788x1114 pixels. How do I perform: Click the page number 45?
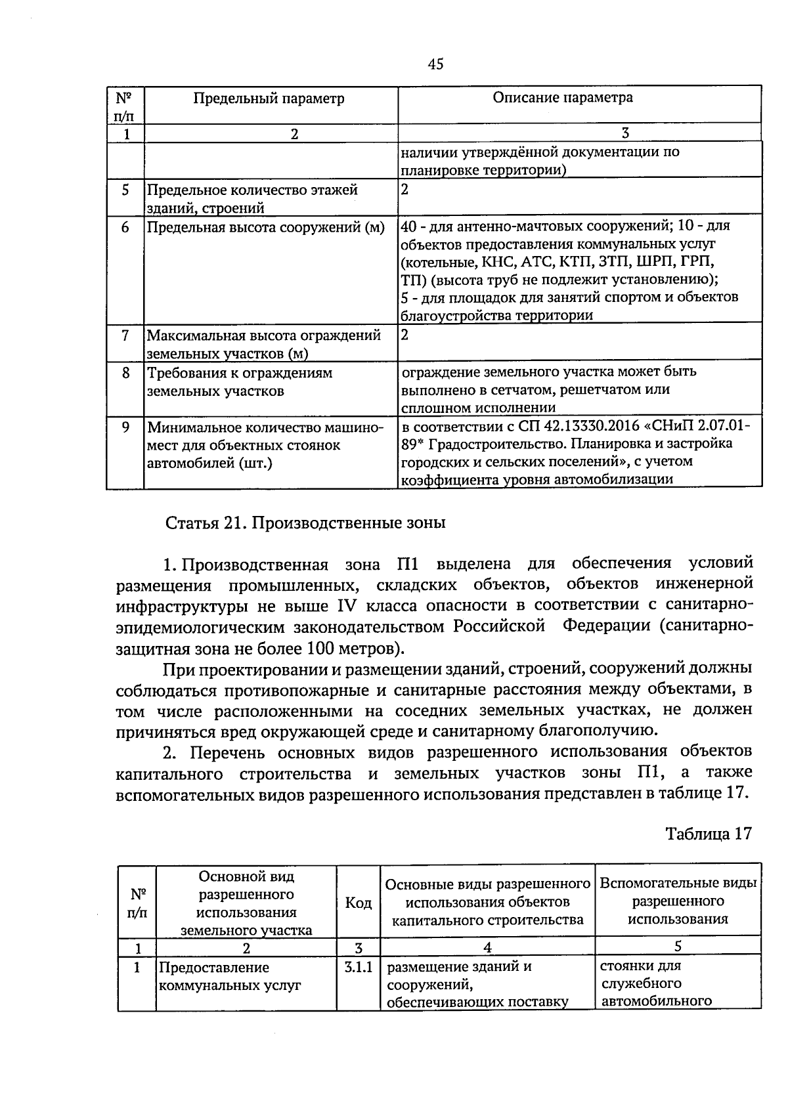[435, 64]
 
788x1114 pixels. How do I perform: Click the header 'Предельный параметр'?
[269, 98]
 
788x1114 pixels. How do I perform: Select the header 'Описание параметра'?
[563, 98]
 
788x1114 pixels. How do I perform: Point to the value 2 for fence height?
[405, 335]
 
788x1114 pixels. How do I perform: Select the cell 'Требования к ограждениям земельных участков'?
[240, 382]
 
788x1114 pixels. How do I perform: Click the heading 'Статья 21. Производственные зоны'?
[305, 523]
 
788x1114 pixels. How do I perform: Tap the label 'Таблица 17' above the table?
[708, 834]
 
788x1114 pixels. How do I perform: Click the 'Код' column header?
[358, 903]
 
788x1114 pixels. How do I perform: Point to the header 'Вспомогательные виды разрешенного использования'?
[678, 901]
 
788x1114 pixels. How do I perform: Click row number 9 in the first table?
[125, 427]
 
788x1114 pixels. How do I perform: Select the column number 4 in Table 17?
[487, 947]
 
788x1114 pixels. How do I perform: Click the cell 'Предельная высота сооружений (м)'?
[265, 228]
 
